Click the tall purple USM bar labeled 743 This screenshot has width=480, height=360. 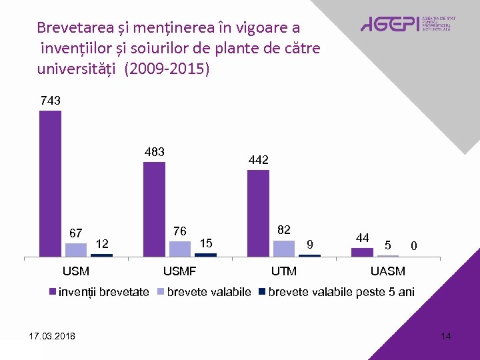tap(50, 183)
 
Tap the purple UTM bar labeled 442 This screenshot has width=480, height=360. tap(258, 213)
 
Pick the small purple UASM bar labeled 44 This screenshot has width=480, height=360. tap(362, 252)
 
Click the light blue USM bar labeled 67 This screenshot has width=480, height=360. tap(76, 250)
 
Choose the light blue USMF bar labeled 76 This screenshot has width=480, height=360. tap(180, 249)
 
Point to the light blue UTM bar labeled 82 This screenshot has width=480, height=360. tap(284, 248)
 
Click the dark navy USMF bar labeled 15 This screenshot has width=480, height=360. tap(205, 255)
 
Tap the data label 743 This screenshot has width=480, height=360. tap(51, 101)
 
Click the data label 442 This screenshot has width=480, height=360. tap(258, 160)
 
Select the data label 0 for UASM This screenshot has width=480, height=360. tap(414, 247)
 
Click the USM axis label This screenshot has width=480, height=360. tap(75, 271)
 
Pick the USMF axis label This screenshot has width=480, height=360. tap(180, 271)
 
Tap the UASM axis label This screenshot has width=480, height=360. tap(387, 271)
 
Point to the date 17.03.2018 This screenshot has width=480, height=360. tap(53, 335)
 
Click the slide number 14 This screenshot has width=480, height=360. tap(446, 336)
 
